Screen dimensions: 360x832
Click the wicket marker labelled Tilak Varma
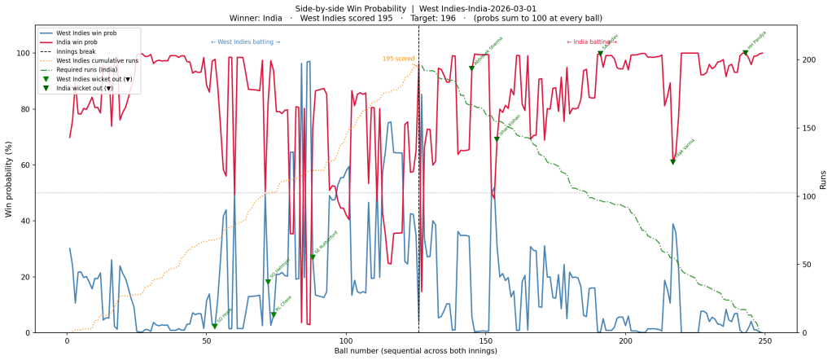tap(672, 162)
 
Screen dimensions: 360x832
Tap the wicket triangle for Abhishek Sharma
tap(471, 68)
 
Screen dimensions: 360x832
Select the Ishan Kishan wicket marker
tap(497, 139)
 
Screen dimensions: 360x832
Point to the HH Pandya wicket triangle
tap(745, 53)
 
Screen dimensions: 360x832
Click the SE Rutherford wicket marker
tap(313, 257)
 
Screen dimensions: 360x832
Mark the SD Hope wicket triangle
tap(215, 327)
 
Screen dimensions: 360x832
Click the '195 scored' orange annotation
tap(399, 59)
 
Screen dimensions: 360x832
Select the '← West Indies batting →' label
tap(245, 42)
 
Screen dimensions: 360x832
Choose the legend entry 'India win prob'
tap(85, 43)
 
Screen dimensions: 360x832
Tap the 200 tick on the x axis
tap(626, 340)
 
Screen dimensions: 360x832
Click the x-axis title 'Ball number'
tap(415, 351)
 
